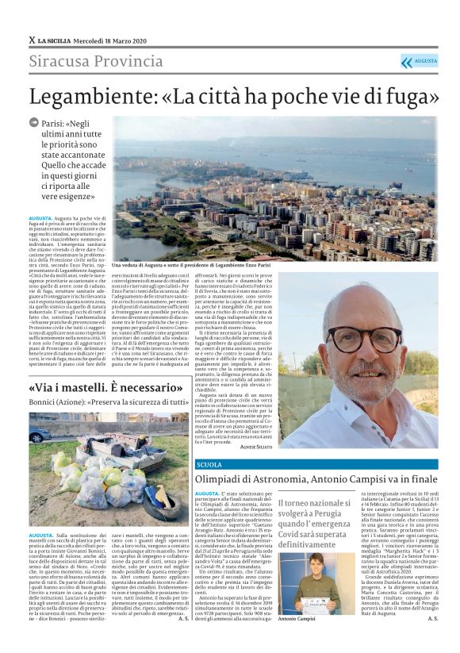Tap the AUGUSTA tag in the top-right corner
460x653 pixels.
click(426, 61)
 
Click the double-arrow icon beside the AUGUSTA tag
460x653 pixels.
click(407, 62)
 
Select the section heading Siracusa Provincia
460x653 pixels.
click(96, 61)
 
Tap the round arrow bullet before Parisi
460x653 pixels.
click(34, 123)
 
